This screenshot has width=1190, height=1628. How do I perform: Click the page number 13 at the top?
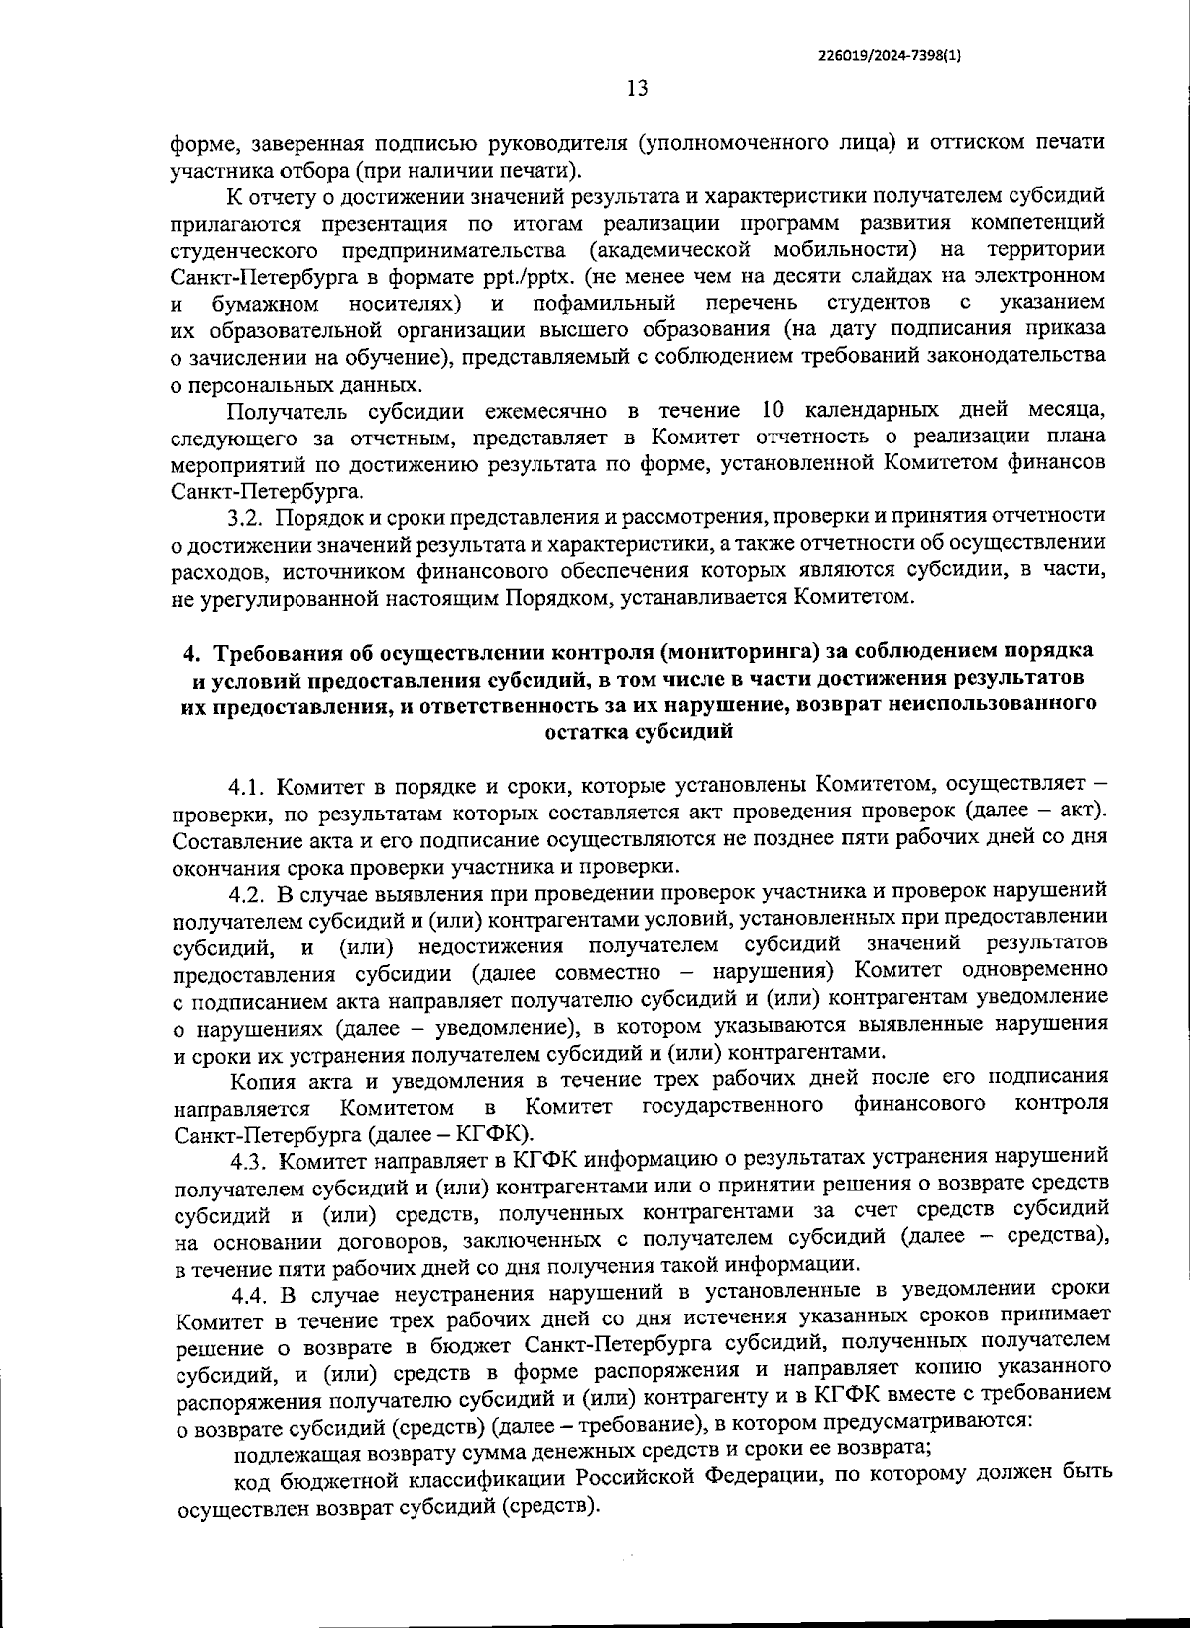pos(637,89)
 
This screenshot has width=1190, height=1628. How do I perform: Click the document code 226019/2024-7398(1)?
pos(890,56)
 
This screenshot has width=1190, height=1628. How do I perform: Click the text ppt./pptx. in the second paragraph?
pos(548,275)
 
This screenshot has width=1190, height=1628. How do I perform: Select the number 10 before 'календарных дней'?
pos(774,410)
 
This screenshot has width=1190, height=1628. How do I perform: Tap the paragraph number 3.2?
pos(244,517)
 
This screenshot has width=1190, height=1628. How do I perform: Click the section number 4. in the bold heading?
pos(195,652)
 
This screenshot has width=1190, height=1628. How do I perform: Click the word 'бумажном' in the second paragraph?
pos(265,302)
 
